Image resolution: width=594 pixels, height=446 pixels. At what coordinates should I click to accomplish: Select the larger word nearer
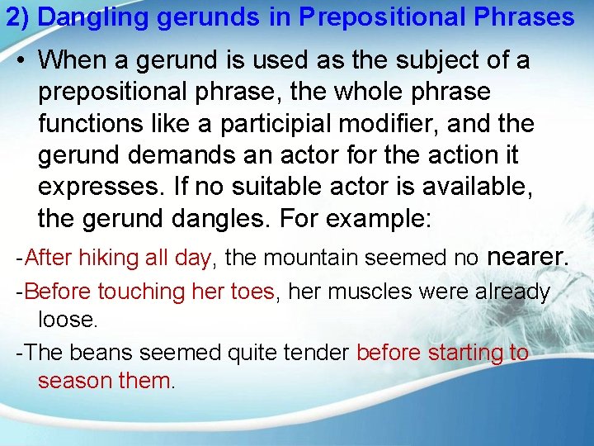click(x=527, y=257)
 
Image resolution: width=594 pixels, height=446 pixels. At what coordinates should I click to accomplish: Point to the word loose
click(x=65, y=320)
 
